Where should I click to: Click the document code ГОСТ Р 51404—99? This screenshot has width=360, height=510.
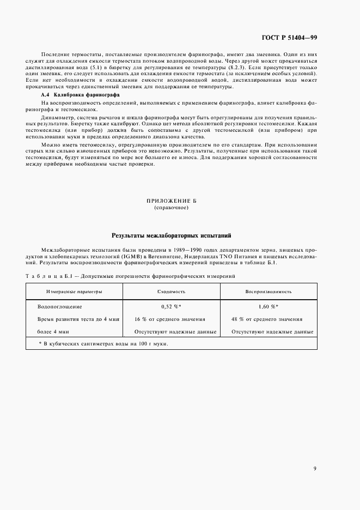click(x=293, y=37)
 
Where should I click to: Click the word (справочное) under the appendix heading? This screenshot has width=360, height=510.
click(x=172, y=208)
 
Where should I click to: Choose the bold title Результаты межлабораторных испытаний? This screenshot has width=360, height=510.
click(x=172, y=236)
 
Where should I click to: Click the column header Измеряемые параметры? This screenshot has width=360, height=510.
click(x=74, y=292)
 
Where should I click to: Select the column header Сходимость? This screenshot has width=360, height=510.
click(x=172, y=292)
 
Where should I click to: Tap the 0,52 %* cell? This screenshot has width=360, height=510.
click(x=172, y=307)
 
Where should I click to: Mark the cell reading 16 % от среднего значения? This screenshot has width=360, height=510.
click(x=172, y=319)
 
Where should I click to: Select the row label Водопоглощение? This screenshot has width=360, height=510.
click(x=60, y=307)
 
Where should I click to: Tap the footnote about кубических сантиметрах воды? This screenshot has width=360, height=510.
click(x=103, y=344)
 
